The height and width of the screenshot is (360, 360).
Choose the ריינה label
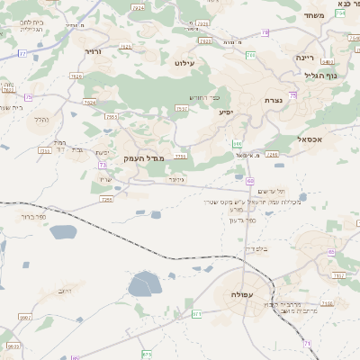305,57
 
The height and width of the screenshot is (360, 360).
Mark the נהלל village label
40,119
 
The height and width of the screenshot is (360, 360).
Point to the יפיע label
225,112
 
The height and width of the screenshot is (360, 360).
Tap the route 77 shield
22,53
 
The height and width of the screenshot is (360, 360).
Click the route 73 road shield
103,166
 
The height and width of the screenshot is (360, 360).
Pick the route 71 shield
307,343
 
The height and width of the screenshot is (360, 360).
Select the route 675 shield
148,354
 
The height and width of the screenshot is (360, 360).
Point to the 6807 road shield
24,318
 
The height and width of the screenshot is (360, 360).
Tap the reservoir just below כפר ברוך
63,232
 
